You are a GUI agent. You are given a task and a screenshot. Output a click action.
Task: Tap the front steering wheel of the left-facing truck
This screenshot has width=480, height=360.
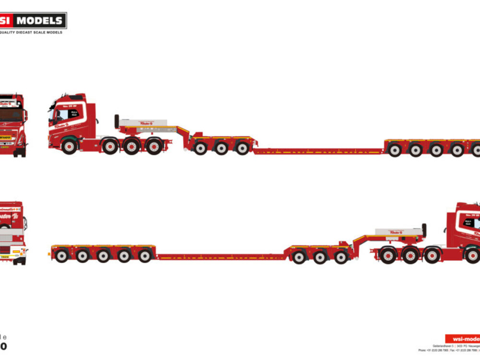[69, 146]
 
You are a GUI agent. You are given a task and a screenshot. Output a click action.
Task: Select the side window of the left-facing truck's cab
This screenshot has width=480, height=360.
[62, 114]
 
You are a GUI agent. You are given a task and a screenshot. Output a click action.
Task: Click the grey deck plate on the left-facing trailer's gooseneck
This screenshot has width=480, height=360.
[143, 123]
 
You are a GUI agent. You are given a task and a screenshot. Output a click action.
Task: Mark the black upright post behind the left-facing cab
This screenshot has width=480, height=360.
[117, 121]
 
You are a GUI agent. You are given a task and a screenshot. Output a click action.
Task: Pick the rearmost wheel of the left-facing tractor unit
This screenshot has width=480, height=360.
[154, 146]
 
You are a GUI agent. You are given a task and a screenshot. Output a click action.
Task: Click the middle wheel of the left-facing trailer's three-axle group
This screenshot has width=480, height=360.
[221, 148]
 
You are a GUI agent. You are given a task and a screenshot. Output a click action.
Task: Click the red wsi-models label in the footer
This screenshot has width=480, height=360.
[462, 339]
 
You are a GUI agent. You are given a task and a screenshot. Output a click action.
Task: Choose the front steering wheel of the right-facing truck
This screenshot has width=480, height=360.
[472, 255]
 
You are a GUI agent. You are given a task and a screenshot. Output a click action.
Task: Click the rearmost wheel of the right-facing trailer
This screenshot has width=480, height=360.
[61, 255]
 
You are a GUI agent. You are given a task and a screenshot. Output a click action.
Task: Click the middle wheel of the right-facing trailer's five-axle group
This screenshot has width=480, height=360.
[103, 255]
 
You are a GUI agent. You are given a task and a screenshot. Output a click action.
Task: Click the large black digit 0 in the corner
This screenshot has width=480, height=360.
[4, 346]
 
